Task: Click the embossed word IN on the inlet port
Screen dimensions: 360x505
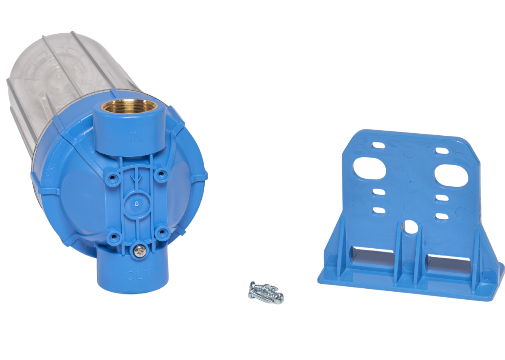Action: pos(136,137)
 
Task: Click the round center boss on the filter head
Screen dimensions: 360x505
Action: pos(136,204)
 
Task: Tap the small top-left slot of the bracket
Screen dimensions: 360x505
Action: pos(379,145)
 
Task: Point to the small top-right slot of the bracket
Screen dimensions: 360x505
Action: pos(441,151)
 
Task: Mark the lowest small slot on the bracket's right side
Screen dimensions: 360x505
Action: pos(441,216)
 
